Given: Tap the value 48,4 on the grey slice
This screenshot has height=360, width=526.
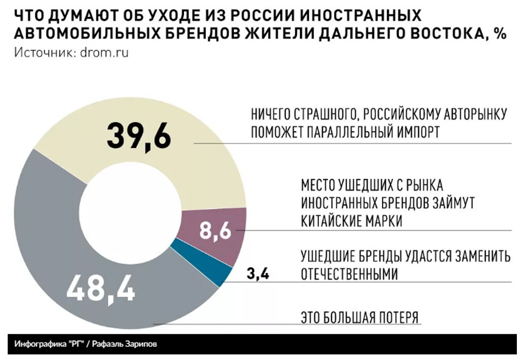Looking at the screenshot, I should coord(100,287).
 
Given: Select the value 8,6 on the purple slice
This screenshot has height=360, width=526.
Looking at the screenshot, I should coord(216,231).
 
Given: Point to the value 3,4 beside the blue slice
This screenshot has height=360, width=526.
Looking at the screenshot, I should coord(259,274).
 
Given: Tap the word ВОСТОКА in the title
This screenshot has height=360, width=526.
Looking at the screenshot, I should coord(445,34).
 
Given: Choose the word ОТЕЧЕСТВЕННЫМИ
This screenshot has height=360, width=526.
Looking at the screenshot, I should coord(349,274).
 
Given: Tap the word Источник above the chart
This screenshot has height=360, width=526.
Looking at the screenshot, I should coord(42,52).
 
